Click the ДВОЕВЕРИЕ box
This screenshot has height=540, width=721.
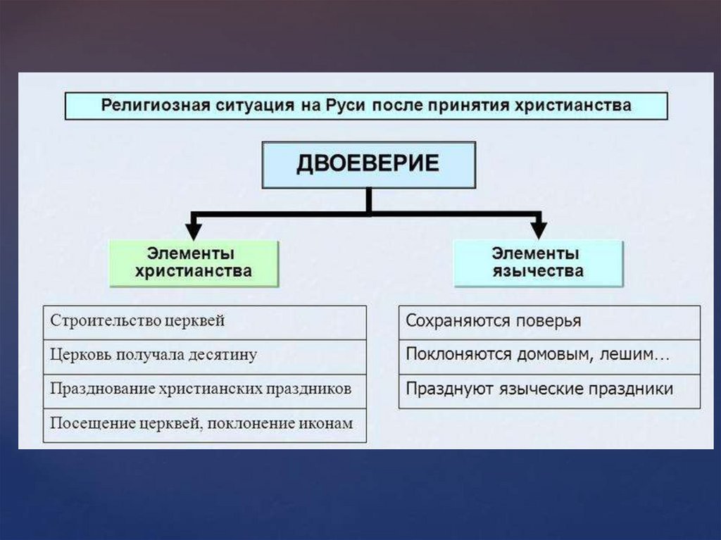pos(368,165)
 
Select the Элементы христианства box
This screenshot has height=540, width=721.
pos(194,263)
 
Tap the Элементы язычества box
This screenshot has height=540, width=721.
pos(538,263)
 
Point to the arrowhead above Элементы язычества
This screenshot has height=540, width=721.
pos(539,229)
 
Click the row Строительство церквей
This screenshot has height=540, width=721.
pos(204,322)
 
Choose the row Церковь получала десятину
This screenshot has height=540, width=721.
pos(204,356)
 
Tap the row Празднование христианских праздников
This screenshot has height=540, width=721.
pos(204,389)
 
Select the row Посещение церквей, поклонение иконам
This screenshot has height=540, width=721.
pos(204,424)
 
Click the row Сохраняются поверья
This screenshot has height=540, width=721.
pos(549,322)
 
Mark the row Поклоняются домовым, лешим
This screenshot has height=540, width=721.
pos(549,356)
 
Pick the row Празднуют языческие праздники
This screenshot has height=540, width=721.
pos(549,389)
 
